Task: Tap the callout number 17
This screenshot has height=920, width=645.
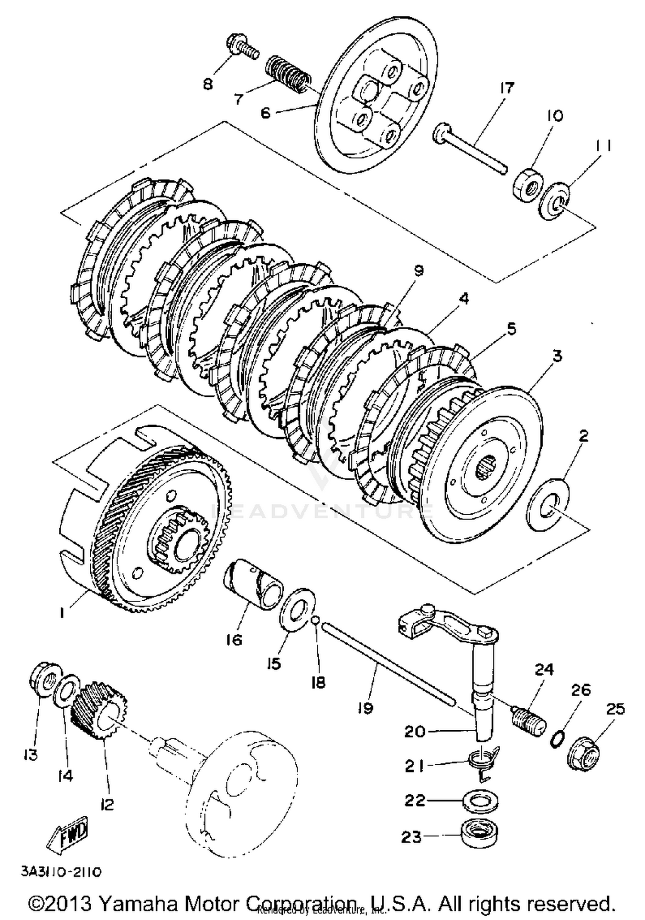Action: tap(507, 88)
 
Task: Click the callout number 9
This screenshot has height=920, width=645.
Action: tap(418, 271)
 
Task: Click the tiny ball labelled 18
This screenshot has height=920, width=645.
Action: tap(315, 620)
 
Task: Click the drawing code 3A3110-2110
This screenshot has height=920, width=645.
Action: tap(61, 872)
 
